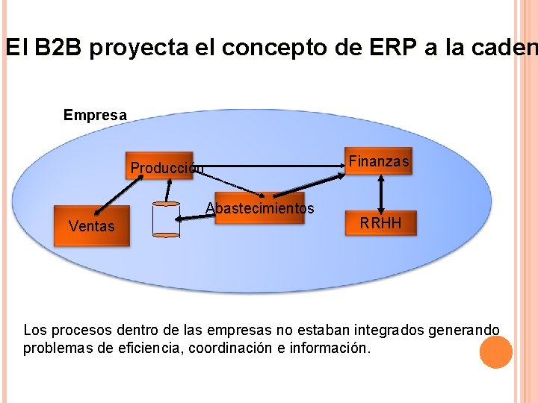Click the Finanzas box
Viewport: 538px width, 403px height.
pos(379,161)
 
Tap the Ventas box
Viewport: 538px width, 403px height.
pos(91,226)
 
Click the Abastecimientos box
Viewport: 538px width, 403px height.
pos(260,209)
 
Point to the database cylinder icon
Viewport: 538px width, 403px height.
pos(165,219)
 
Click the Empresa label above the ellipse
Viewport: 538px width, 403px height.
pos(95,115)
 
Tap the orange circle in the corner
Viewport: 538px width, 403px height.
pos(495,352)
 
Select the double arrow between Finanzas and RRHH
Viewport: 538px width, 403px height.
pos(382,193)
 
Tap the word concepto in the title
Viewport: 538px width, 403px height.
pos(285,49)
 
